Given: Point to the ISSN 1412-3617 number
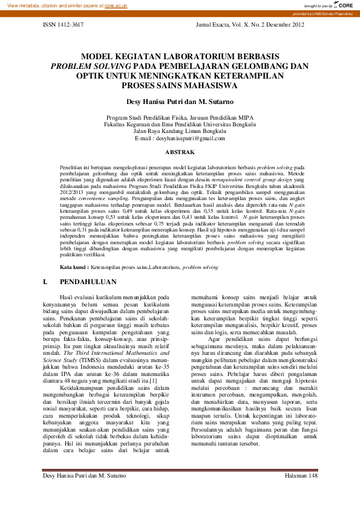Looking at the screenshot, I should [x=64, y=26].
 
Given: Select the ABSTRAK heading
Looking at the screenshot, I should [x=180, y=152].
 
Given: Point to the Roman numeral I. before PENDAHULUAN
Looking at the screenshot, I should [x=45, y=282].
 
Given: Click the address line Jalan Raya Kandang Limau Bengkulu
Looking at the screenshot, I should [x=180, y=131].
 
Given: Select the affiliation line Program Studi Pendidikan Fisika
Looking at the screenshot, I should [x=180, y=117].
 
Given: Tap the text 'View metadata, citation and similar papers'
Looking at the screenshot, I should [x=54, y=5].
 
